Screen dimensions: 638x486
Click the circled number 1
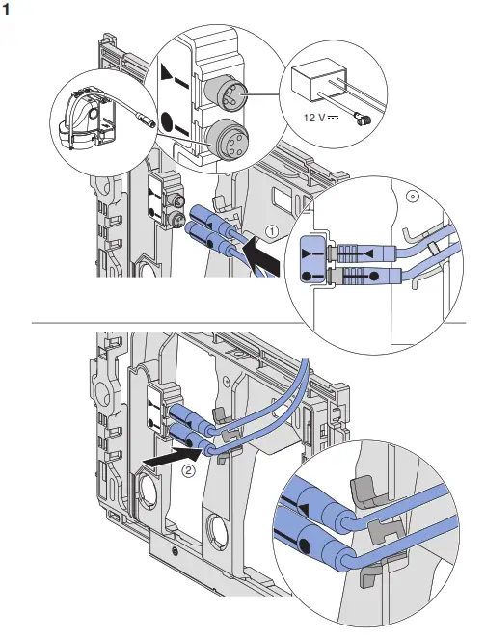pos(273,230)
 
